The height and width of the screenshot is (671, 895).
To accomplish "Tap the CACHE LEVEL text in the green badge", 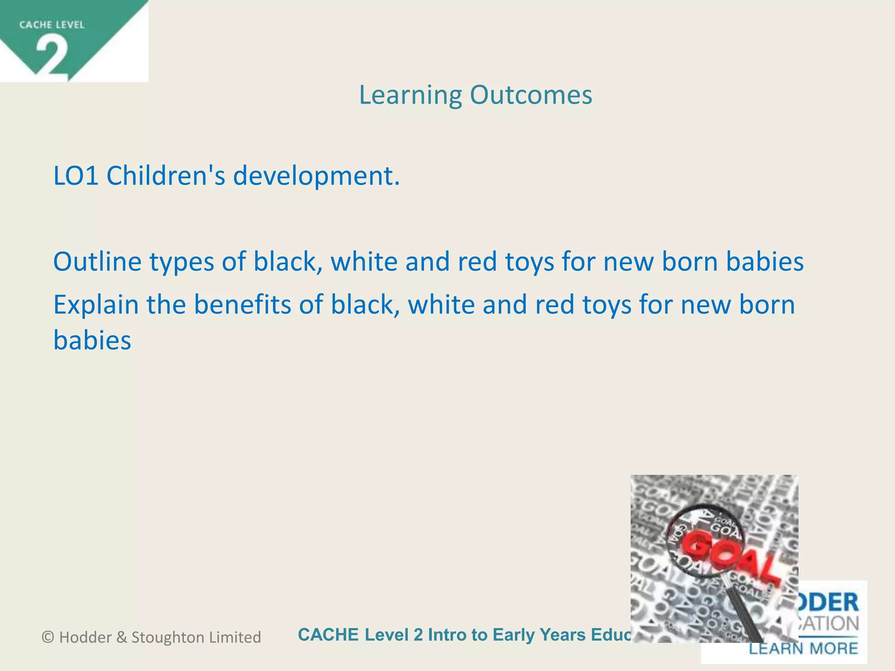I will coord(52,25).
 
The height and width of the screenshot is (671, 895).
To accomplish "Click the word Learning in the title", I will coord(410,95).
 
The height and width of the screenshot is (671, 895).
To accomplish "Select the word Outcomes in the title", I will coord(531,95).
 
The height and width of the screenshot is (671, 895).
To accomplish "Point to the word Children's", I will coord(166,176).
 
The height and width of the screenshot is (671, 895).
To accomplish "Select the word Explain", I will coord(96,305).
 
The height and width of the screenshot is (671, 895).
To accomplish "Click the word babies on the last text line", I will coord(92,340).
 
